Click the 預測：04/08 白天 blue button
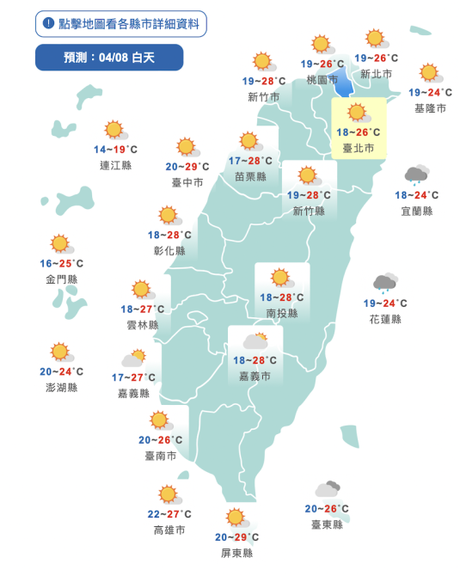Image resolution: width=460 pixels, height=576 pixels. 109,58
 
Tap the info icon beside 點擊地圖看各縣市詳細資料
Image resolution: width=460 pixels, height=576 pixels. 49,23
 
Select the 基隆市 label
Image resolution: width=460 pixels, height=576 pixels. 430,108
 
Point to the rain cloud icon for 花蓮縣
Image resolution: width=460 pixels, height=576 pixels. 384,284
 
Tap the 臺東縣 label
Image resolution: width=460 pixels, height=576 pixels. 327,524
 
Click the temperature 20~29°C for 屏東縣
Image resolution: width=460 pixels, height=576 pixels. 237,538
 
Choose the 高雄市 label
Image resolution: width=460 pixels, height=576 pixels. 169,530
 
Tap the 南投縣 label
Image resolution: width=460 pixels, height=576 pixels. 282,314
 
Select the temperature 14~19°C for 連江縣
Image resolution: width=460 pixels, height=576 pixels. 115,150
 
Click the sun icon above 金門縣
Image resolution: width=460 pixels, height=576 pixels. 59,244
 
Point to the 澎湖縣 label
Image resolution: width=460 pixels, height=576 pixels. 61,388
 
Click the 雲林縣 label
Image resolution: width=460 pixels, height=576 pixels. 142,325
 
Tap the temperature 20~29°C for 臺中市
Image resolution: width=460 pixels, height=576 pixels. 187,167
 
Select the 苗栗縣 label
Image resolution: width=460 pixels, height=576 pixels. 250,176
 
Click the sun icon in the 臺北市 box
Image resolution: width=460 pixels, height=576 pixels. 357,112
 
